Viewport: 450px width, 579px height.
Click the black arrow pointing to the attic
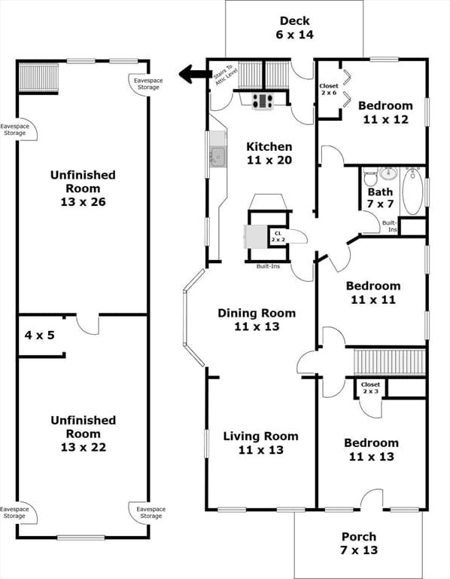(193, 74)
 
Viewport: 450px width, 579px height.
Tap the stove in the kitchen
(263, 101)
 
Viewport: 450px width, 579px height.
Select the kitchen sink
(217, 157)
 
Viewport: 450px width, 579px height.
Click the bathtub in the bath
(412, 191)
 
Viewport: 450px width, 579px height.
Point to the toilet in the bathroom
(369, 177)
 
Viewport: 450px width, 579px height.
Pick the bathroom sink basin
(388, 173)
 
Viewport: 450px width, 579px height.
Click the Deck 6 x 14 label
(295, 28)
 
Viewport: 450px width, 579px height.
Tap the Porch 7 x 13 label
(359, 543)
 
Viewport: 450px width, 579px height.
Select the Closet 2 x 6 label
(329, 90)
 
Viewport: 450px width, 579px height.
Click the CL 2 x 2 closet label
(278, 236)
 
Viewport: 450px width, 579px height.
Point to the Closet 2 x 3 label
(370, 388)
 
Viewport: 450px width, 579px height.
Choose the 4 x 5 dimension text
(39, 335)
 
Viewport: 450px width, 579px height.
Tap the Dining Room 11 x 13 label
(257, 320)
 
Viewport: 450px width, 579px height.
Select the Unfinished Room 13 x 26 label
(83, 188)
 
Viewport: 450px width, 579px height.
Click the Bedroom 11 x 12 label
(385, 112)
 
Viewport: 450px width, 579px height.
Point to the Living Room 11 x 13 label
(261, 443)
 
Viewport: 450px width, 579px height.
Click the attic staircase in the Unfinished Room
(38, 78)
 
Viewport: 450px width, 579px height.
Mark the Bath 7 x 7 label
(380, 198)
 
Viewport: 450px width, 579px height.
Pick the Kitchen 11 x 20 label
(269, 153)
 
